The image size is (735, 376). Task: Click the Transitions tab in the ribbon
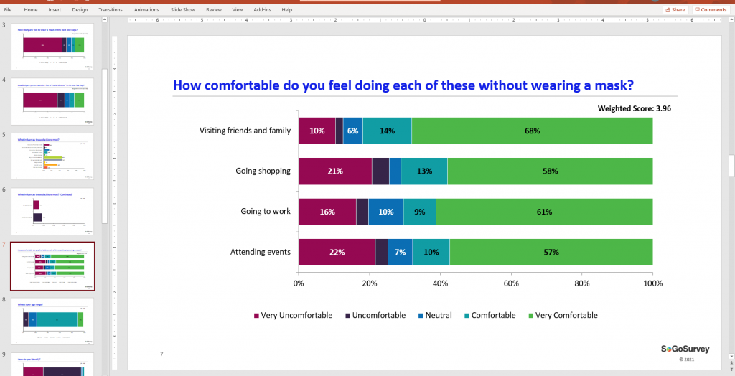click(x=111, y=10)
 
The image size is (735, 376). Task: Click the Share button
click(x=675, y=10)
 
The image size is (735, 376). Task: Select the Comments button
click(x=710, y=10)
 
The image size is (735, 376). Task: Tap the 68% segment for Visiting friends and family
click(x=532, y=131)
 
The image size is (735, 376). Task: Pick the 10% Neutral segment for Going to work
click(x=385, y=212)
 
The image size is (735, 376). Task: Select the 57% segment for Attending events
click(x=551, y=253)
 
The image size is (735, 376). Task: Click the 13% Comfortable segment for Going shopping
click(x=424, y=171)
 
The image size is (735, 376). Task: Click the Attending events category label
click(x=261, y=252)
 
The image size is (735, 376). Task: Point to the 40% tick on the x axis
click(x=440, y=283)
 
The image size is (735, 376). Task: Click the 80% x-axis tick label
click(x=582, y=283)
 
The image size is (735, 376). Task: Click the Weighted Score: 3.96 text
click(x=634, y=108)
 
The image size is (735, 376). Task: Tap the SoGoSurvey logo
click(x=685, y=349)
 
